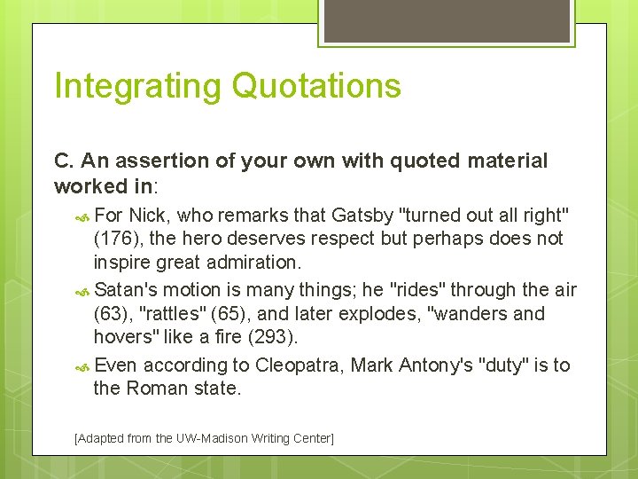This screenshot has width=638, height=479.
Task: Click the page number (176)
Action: pyautogui.click(x=114, y=239)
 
